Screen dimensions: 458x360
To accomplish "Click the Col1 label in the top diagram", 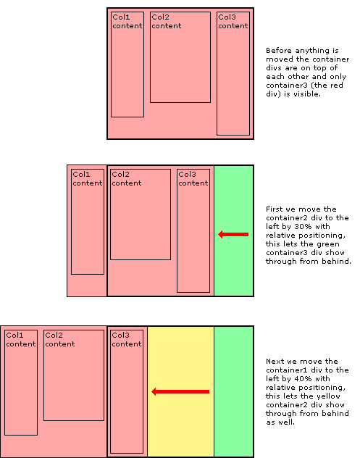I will point(121,17).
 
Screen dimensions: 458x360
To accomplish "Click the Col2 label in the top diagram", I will point(160,17).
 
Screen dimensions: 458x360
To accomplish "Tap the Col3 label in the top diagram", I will point(227,17).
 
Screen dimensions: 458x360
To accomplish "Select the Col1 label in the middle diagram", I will point(81,174).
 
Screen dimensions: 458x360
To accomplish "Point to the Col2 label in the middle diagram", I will point(120,174).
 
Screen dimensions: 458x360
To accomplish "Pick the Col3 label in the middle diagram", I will point(187,174).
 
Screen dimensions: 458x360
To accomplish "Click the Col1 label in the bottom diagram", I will point(14,335).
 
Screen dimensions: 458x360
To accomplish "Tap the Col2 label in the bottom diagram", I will point(54,335).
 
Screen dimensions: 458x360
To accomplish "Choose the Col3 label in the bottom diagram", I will point(120,335).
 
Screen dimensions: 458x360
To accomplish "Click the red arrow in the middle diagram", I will point(233,234).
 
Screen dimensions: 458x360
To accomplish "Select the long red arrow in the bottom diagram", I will point(180,391).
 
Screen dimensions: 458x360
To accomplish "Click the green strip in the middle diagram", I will point(233,268).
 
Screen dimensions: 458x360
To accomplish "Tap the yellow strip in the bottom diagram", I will point(180,428).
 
